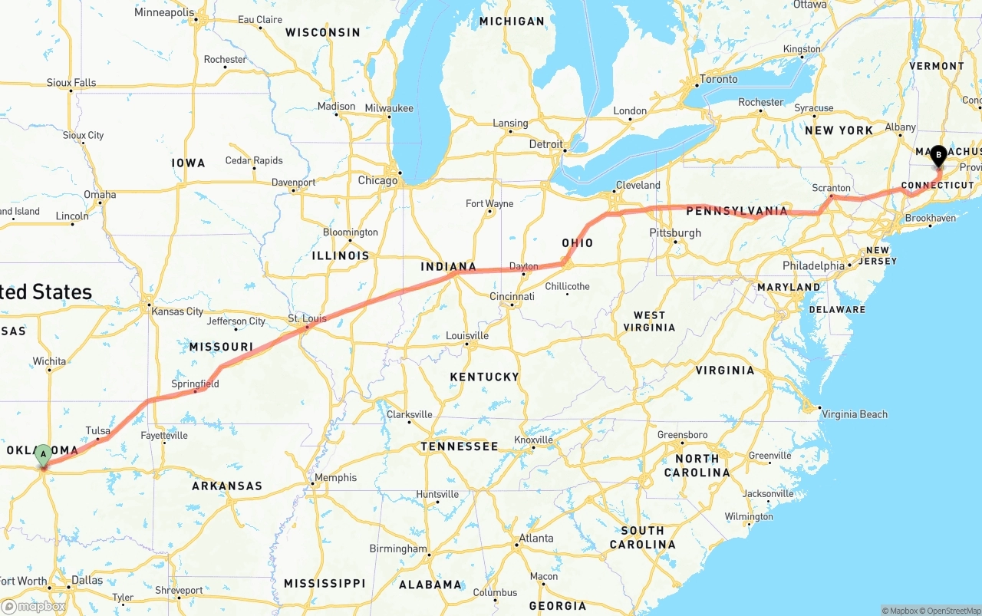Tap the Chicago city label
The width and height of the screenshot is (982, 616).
[x=377, y=181]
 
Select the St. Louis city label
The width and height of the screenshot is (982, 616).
[x=307, y=318]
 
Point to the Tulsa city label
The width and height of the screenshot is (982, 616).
[x=97, y=431]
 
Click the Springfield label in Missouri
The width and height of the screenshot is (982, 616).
[x=195, y=384]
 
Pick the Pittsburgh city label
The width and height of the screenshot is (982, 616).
[x=675, y=233]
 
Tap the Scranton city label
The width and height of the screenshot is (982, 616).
[x=832, y=188]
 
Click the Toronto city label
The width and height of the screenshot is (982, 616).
[x=718, y=79]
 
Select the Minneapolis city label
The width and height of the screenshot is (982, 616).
[x=163, y=12]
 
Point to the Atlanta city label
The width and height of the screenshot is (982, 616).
[x=535, y=539]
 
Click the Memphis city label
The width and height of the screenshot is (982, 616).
[x=335, y=477]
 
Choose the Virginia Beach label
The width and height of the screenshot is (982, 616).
[x=855, y=414]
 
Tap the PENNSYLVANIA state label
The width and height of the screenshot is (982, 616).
[x=736, y=210]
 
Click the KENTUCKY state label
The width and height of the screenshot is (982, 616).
[x=484, y=377]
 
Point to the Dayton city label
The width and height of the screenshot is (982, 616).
[x=524, y=267]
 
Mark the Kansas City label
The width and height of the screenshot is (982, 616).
[x=177, y=311]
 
